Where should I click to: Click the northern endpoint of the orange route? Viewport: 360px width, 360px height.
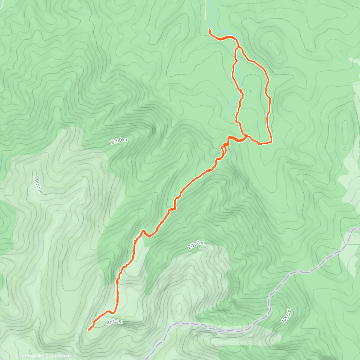(209, 30)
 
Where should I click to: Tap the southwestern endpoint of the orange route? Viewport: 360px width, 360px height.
(89, 330)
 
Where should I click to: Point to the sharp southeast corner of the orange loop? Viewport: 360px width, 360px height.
(271, 142)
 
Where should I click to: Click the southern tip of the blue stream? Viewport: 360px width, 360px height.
(231, 111)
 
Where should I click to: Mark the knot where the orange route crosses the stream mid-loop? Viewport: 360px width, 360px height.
(241, 91)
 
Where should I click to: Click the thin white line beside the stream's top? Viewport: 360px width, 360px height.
(206, 10)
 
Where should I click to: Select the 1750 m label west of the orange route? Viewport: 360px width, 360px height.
(119, 141)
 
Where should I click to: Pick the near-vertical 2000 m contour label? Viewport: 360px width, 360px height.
(38, 184)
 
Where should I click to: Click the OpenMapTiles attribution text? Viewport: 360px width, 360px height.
(30, 356)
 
